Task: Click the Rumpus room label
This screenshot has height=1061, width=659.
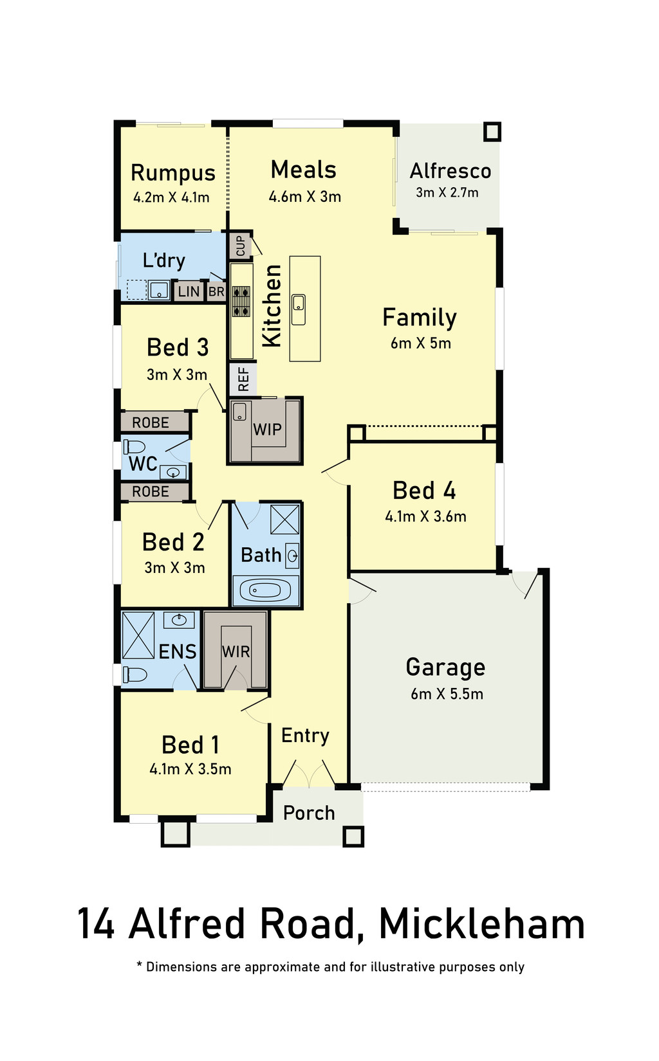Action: click(173, 172)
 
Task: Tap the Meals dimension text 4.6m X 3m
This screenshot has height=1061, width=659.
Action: click(305, 196)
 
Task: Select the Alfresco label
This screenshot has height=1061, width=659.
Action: click(450, 171)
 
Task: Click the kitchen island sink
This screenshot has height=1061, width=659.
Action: click(298, 310)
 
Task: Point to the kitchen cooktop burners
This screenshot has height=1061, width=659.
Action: click(241, 301)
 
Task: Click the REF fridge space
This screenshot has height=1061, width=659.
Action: click(243, 379)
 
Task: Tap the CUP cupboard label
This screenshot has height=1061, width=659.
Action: click(241, 246)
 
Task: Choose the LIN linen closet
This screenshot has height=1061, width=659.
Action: click(189, 291)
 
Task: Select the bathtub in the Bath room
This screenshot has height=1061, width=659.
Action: click(266, 590)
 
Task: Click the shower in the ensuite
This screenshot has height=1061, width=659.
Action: click(138, 635)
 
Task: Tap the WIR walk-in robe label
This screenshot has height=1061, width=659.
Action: click(236, 652)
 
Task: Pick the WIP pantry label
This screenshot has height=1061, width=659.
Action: click(267, 430)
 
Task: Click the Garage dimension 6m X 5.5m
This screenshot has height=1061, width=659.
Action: click(447, 694)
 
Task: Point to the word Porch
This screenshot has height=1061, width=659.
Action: click(309, 813)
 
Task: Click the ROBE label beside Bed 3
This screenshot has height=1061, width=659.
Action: click(151, 422)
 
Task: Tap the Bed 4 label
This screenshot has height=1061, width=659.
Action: click(424, 490)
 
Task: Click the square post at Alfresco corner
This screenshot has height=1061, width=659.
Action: click(492, 132)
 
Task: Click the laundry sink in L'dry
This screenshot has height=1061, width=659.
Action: click(159, 290)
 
